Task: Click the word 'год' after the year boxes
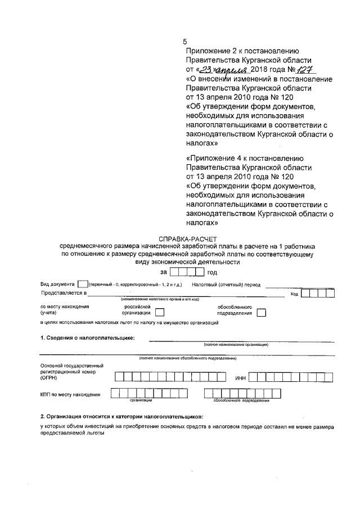[212, 273]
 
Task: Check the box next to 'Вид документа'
[82, 285]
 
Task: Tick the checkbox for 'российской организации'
[160, 313]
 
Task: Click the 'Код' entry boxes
[316, 293]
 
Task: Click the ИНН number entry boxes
[287, 377]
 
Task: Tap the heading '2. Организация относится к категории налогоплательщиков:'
[121, 416]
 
